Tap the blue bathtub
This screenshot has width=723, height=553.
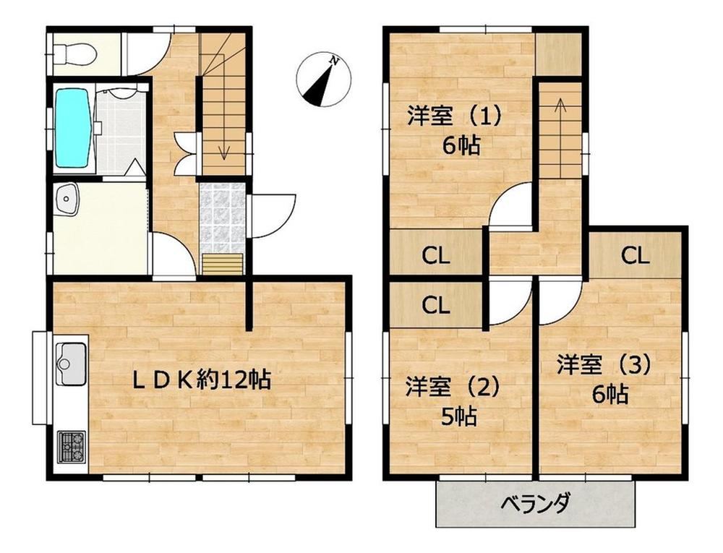coord(73,128)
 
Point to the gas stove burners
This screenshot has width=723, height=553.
coord(71,447)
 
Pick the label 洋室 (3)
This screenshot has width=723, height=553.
coord(604,364)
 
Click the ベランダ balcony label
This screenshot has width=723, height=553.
coord(536,502)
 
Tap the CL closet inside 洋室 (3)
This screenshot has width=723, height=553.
coord(635,255)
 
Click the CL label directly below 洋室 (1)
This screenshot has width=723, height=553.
coord(436,255)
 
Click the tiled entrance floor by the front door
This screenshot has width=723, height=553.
coord(222,218)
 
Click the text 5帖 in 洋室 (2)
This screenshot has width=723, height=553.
coord(459,416)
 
